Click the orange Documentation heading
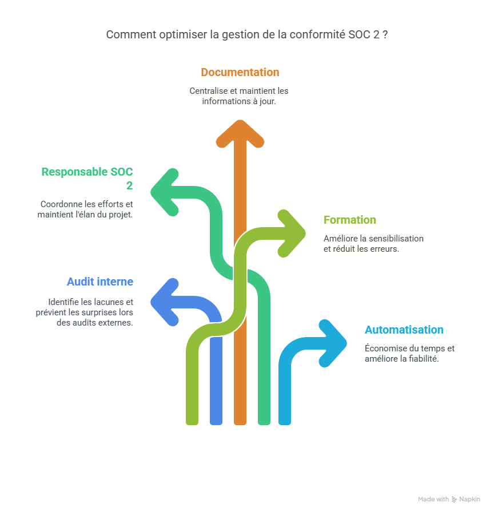pos(240,73)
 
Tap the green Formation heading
pos(349,220)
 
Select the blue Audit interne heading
pos(99,282)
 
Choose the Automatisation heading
pos(404,330)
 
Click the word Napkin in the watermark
pos(470,500)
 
